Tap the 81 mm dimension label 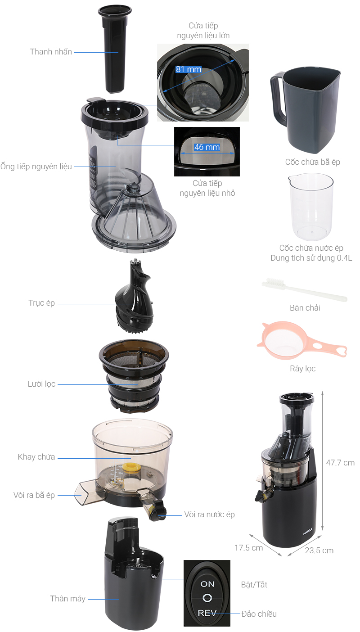(x=188, y=69)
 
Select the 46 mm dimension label (x=207, y=147)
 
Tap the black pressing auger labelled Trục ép (x=133, y=297)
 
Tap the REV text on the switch (x=207, y=613)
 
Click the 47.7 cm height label (x=340, y=462)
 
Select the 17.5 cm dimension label (x=248, y=548)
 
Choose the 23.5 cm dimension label (x=319, y=551)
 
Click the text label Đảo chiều (x=259, y=614)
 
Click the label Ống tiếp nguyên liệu (x=36, y=167)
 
